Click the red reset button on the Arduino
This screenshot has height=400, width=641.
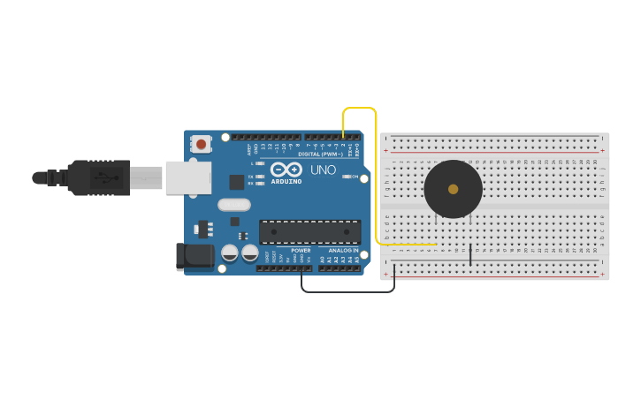[202, 144]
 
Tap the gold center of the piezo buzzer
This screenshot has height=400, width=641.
[454, 189]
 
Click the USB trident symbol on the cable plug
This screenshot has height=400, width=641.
[105, 177]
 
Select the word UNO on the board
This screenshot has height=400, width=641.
[323, 170]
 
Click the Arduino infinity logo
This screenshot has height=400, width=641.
[286, 169]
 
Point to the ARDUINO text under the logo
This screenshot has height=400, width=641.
[286, 182]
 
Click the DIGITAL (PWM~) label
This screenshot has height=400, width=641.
[321, 155]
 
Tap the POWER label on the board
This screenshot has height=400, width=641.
[301, 251]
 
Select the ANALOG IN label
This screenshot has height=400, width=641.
[344, 251]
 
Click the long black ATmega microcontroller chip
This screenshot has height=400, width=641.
[309, 232]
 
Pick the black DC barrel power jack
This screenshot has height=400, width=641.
[195, 256]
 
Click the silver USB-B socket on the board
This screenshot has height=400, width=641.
[188, 177]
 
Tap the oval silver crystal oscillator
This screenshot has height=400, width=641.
[234, 205]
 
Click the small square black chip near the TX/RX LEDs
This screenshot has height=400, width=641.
[236, 182]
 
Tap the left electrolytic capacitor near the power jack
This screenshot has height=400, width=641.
[230, 253]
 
